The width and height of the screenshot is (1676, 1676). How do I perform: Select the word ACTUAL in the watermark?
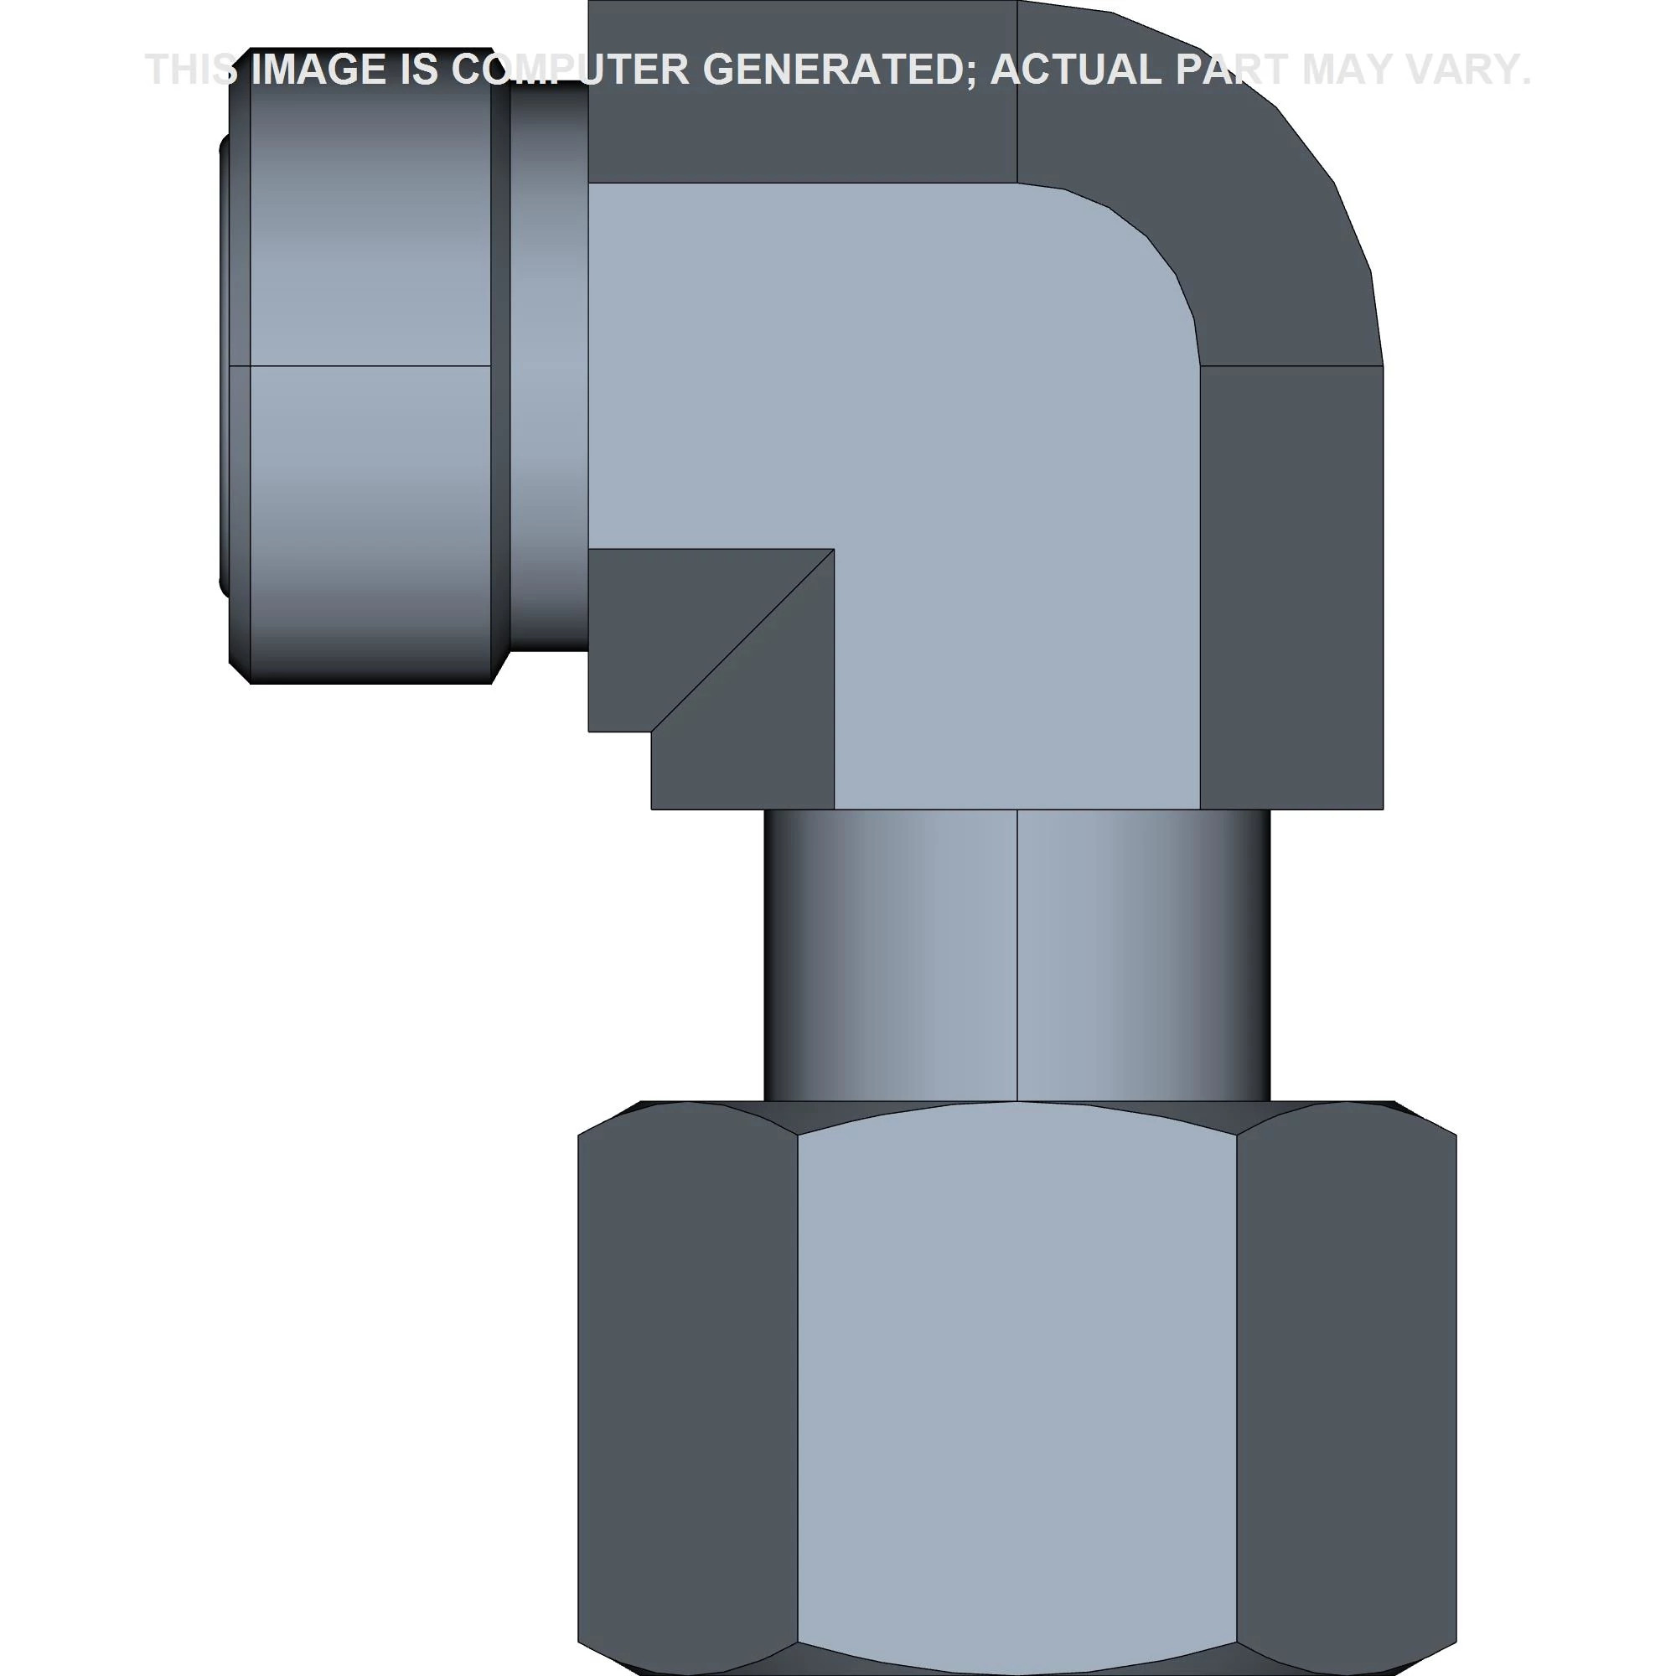coord(1076,70)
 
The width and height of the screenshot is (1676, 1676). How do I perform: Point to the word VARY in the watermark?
coord(1458,70)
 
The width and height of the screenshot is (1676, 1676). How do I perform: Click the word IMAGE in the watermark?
coord(318,70)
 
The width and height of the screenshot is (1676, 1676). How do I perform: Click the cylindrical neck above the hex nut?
coord(1016,956)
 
